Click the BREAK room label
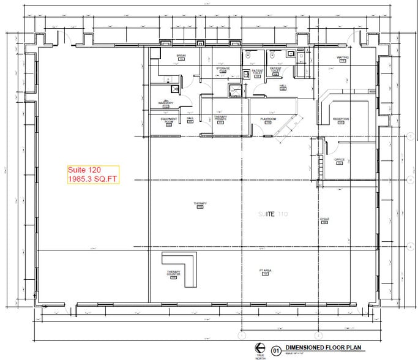coord(181,56)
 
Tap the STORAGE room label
coord(222,69)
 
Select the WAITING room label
coord(342,58)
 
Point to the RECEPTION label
coord(341,119)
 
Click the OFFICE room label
coord(340,160)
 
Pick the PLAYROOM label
coord(268,119)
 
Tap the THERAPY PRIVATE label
coord(220,118)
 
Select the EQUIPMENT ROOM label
coord(169,120)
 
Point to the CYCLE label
coord(324,219)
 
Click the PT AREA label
coord(266,271)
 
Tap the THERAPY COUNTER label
coord(173,274)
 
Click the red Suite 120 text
coord(83,170)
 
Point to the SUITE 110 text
coord(272,214)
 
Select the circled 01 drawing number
coord(276,349)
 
